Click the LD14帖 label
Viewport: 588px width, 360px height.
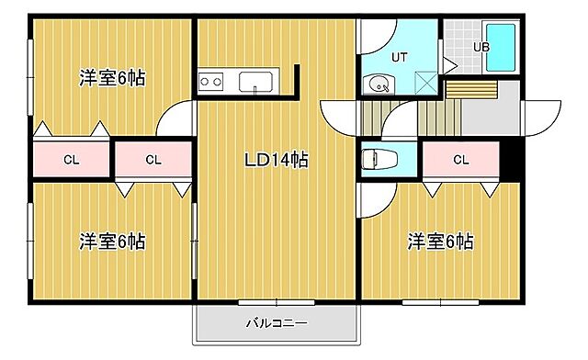click(275, 160)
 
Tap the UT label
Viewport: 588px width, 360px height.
click(399, 57)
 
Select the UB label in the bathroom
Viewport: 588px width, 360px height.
click(481, 47)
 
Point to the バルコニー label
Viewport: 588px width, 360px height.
click(276, 323)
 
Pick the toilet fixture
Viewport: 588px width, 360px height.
click(373, 159)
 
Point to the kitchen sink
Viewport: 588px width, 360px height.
click(254, 82)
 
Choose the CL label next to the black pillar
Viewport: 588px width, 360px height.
click(460, 159)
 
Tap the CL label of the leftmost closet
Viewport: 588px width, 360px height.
click(71, 159)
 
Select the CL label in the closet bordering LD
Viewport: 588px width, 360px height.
click(153, 159)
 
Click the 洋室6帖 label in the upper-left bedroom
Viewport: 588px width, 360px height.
click(112, 79)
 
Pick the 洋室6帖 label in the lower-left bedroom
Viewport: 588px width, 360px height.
click(112, 242)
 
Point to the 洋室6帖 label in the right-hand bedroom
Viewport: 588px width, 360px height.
click(441, 242)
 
